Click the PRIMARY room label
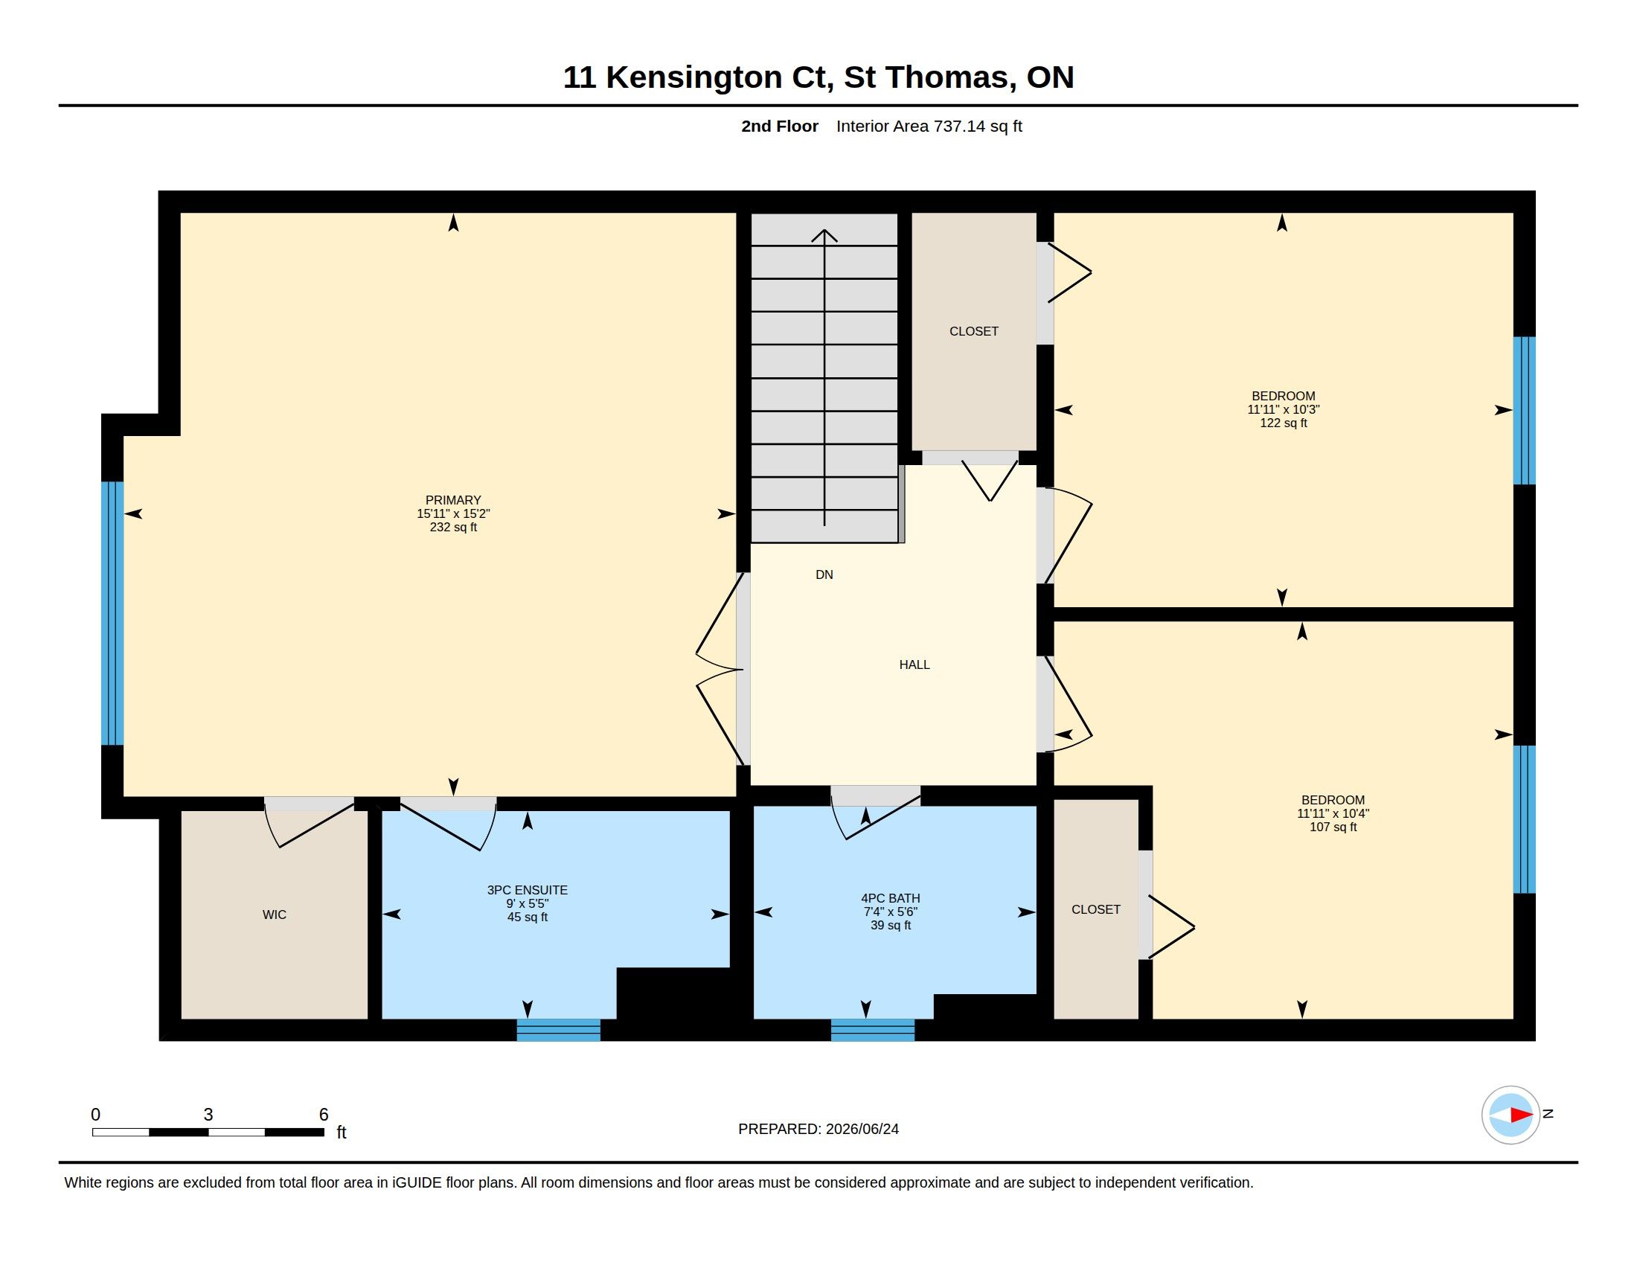pos(452,500)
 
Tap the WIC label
pos(275,915)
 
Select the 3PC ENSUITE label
pos(527,890)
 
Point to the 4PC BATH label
pos(891,898)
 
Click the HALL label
pos(914,664)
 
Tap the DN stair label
pos(824,574)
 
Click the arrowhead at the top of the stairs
pos(824,235)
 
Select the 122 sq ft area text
pos(1284,423)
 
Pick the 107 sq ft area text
pos(1333,827)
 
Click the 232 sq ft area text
pos(452,528)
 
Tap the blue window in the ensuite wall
pos(558,1031)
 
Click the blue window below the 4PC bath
pos(873,1031)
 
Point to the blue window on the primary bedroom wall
pos(112,613)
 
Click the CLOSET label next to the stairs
pos(974,331)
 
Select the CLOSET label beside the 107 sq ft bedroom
pos(1096,910)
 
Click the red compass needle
pos(1521,1115)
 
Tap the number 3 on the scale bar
pos(208,1115)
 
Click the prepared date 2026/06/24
pos(862,1130)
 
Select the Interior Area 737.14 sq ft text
pos(929,126)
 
